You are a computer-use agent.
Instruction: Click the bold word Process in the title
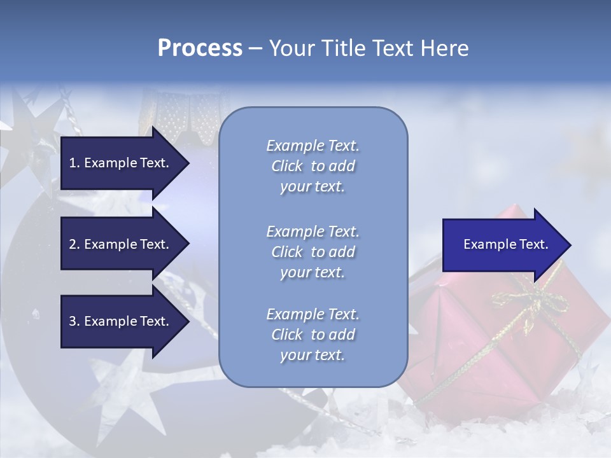(x=200, y=48)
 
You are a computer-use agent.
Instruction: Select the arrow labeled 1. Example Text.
(x=121, y=163)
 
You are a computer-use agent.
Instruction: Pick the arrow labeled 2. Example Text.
(x=121, y=244)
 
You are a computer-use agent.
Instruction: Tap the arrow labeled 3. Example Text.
(x=121, y=321)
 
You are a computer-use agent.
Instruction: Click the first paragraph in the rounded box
(x=313, y=166)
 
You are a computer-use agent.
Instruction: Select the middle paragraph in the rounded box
(x=313, y=252)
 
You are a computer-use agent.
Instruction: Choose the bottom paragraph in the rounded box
(x=313, y=335)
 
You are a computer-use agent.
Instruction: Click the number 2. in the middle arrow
(x=74, y=244)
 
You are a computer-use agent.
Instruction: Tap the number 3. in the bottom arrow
(x=74, y=321)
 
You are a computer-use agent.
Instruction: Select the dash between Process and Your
(x=256, y=48)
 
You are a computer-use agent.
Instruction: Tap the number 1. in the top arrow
(x=74, y=163)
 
